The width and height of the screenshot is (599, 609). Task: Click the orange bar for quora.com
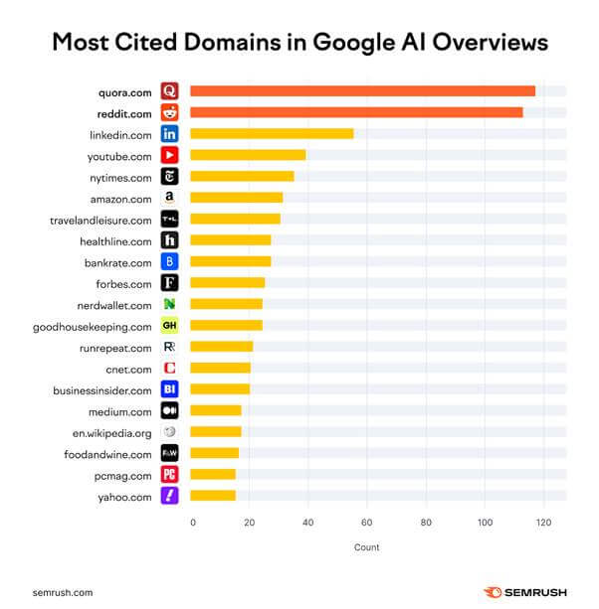pyautogui.click(x=362, y=91)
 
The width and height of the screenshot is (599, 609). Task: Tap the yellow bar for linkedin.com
pyautogui.click(x=272, y=133)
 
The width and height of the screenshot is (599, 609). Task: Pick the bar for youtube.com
pyautogui.click(x=248, y=155)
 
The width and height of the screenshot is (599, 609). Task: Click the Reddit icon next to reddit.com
pyautogui.click(x=169, y=112)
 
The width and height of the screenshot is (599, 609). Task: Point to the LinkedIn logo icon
pyautogui.click(x=169, y=133)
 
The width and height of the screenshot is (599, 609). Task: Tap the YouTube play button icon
pyautogui.click(x=169, y=155)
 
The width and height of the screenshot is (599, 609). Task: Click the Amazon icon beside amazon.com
pyautogui.click(x=169, y=198)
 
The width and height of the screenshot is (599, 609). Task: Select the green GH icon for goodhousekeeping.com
pyautogui.click(x=169, y=326)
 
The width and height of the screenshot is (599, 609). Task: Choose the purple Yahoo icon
pyautogui.click(x=169, y=496)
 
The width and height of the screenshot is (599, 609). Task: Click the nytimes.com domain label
pyautogui.click(x=120, y=177)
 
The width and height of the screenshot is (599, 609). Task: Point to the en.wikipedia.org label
pyautogui.click(x=112, y=432)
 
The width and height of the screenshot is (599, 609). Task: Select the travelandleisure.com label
pyautogui.click(x=101, y=220)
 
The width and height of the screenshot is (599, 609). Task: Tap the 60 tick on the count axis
pyautogui.click(x=367, y=522)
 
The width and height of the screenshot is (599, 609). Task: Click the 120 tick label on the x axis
pyautogui.click(x=542, y=522)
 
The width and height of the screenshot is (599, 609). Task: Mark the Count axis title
pyautogui.click(x=366, y=547)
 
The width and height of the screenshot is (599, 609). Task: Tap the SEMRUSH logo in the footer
pyautogui.click(x=525, y=592)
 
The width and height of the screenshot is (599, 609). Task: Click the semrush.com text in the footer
pyautogui.click(x=63, y=592)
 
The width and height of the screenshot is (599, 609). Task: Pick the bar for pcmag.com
pyautogui.click(x=213, y=474)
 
